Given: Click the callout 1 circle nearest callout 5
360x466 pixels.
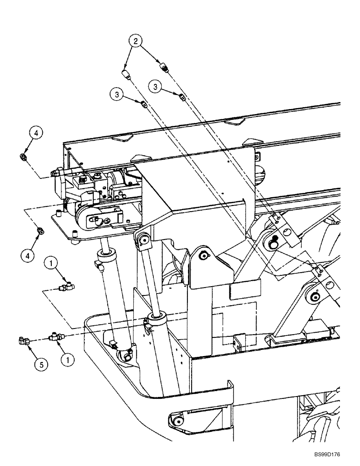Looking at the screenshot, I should pos(68,360).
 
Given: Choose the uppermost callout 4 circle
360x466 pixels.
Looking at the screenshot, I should pos(37,133).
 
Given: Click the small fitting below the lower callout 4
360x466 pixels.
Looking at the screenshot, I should pos(41,230).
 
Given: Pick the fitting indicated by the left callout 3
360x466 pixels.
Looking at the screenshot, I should pos(145,104).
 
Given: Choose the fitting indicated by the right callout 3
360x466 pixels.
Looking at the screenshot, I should pos(182,96).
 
